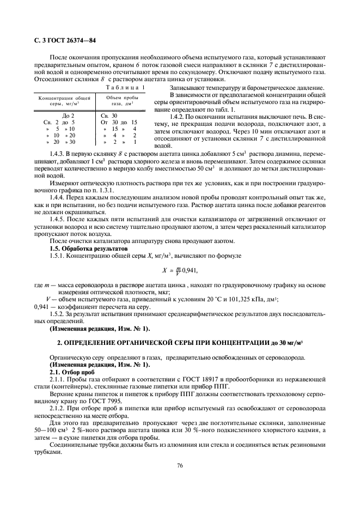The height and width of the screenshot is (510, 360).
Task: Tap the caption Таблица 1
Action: click(x=126, y=87)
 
